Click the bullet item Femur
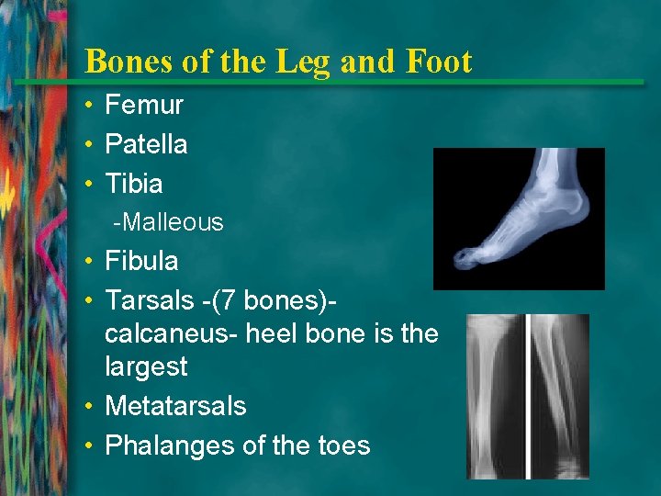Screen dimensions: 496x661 144,105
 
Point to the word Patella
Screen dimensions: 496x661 146,144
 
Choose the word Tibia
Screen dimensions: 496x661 134,184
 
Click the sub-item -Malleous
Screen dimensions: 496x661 168,222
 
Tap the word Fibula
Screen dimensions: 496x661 141,261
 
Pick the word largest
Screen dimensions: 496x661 146,367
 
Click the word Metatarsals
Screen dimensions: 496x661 175,406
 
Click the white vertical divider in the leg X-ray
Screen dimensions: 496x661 528,395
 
